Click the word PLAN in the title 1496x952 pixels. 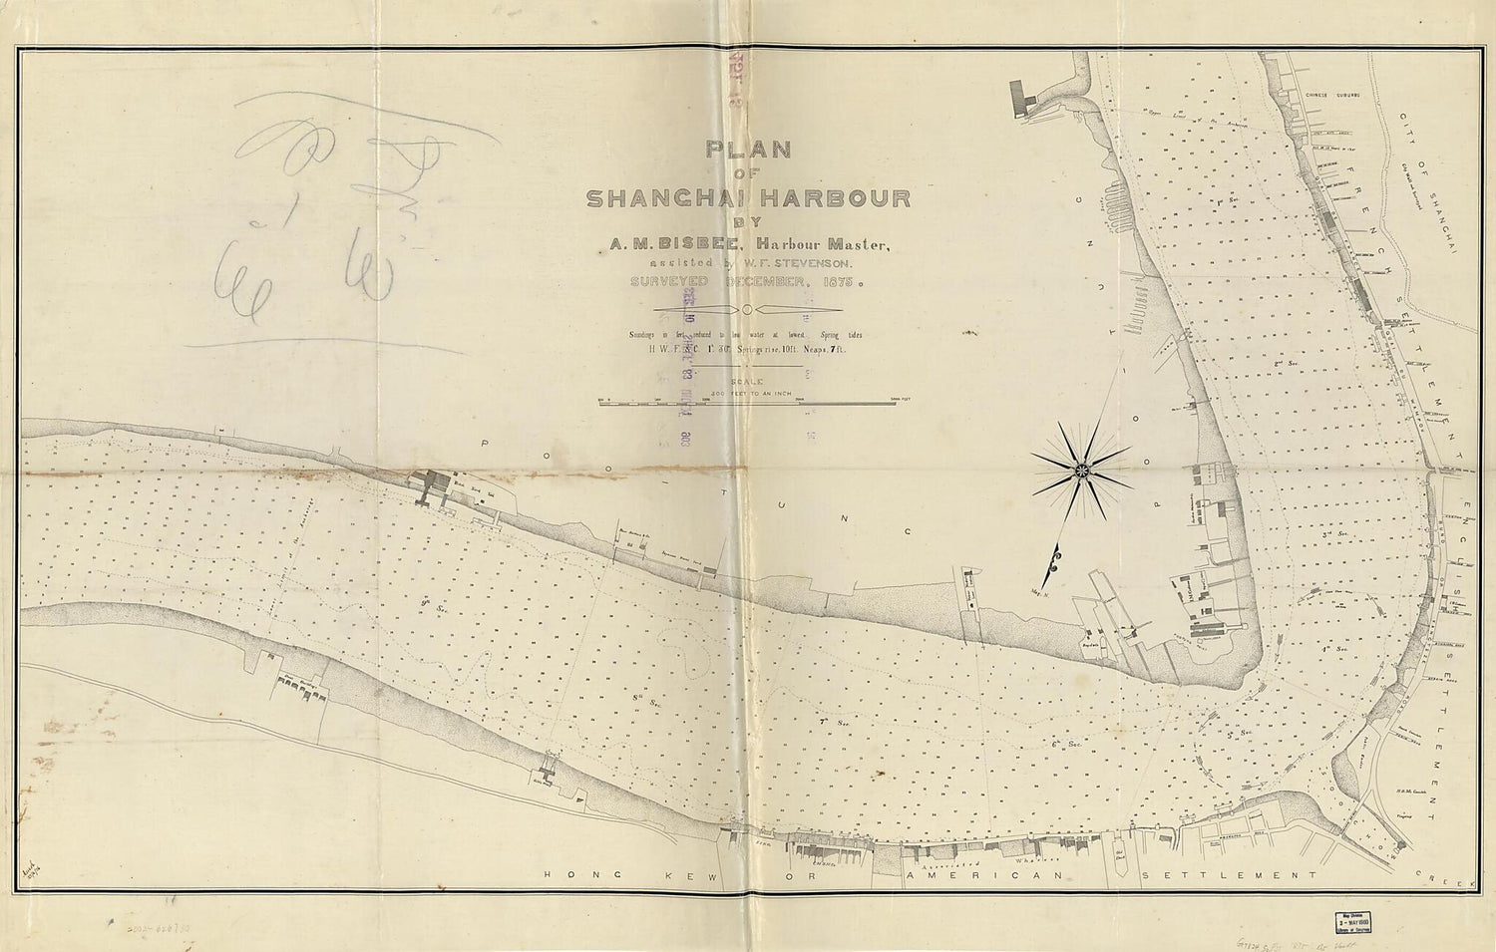748,151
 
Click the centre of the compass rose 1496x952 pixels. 1081,467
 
